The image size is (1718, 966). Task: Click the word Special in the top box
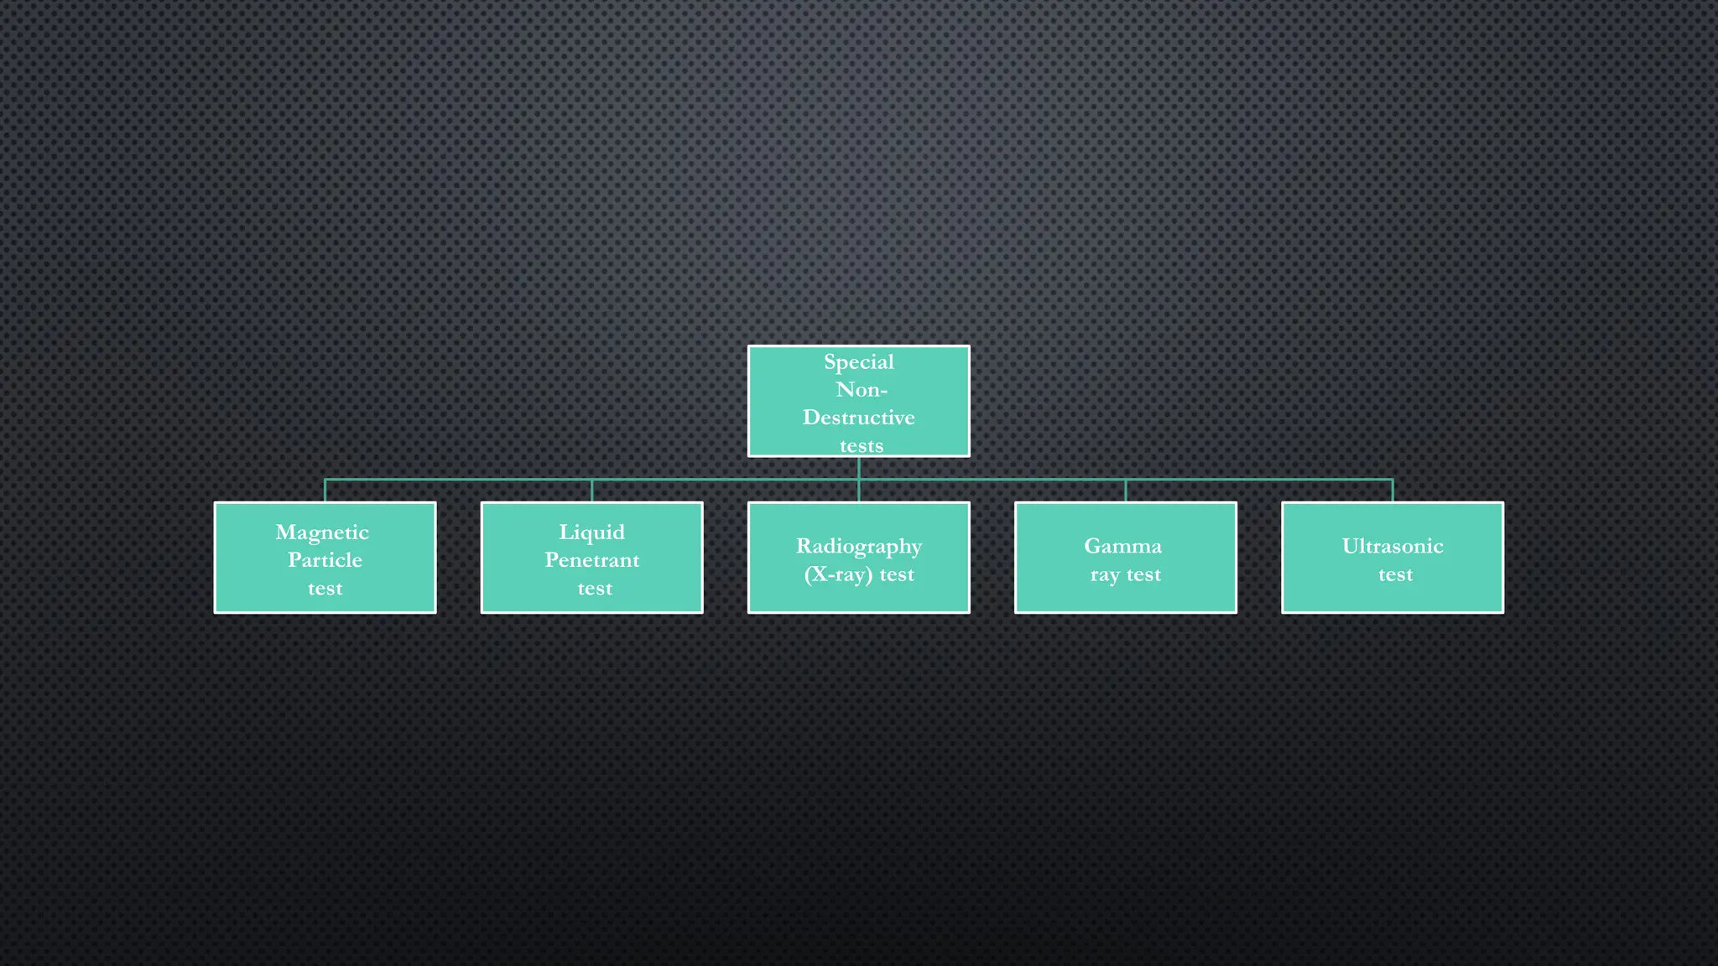[x=858, y=362]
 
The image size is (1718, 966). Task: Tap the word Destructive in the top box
[x=858, y=418]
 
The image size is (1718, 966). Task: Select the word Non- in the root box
[x=861, y=390]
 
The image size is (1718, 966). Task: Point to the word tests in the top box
[x=862, y=446]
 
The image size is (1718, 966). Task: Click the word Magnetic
[x=322, y=532]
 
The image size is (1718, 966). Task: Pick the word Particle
[x=325, y=560]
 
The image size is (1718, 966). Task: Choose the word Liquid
[x=591, y=532]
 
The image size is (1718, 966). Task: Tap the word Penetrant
[x=591, y=560]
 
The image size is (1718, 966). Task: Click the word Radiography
[x=858, y=547]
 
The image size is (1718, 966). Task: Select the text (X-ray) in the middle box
[x=838, y=575]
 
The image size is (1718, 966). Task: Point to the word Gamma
[x=1122, y=547]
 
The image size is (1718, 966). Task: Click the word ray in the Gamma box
[x=1105, y=576]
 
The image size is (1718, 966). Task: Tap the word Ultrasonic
[x=1393, y=547]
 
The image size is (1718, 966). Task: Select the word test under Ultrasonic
[x=1395, y=575]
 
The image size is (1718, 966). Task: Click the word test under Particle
[x=325, y=589]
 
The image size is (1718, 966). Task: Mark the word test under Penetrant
[x=595, y=589]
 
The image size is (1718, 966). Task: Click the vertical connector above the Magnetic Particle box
[x=325, y=491]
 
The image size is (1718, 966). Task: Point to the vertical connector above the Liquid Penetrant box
[x=591, y=491]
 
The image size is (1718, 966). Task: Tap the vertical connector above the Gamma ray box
[x=1125, y=491]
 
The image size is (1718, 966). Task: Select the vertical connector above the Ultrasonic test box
[x=1393, y=491]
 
